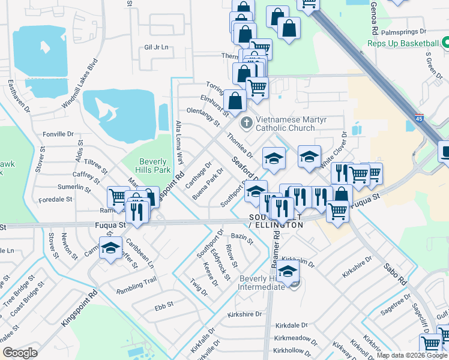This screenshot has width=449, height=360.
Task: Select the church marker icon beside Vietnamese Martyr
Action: (x=246, y=123)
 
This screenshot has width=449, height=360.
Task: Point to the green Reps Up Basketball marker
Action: (x=445, y=43)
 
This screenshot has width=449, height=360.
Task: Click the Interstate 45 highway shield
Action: (x=418, y=118)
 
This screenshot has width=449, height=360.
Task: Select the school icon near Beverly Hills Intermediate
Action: (x=288, y=271)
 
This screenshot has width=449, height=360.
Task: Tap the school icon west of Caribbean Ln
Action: (x=110, y=249)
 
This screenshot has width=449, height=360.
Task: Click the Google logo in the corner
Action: (x=20, y=353)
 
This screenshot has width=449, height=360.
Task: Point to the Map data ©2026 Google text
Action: (x=412, y=355)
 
